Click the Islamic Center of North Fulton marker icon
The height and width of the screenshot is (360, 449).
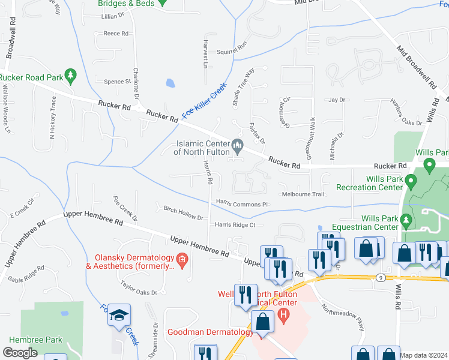click(x=237, y=145)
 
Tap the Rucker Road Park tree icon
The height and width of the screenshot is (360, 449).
click(x=71, y=76)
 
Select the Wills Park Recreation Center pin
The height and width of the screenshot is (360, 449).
click(x=411, y=181)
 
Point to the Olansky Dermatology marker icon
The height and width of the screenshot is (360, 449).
click(x=182, y=260)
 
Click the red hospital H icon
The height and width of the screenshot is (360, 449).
click(x=284, y=315)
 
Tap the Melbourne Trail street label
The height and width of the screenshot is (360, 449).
click(x=303, y=194)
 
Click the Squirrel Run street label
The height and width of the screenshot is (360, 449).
click(x=232, y=45)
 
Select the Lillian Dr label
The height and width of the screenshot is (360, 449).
click(x=111, y=16)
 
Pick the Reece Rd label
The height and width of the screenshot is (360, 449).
click(x=116, y=34)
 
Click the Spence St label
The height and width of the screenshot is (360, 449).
click(x=117, y=82)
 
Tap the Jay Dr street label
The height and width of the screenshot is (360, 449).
click(x=337, y=100)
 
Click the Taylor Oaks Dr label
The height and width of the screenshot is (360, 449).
click(x=138, y=291)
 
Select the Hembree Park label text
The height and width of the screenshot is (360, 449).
click(x=36, y=340)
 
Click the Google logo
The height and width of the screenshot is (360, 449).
click(x=20, y=352)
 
